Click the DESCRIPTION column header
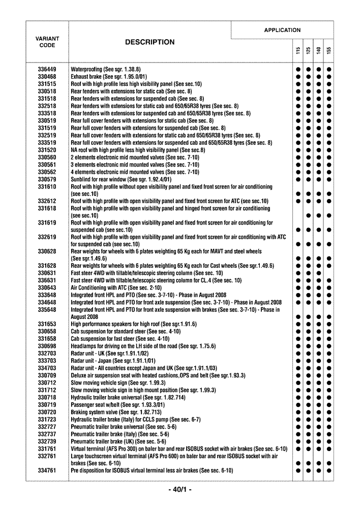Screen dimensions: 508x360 click(149, 42)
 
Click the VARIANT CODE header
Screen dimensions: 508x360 click(47, 42)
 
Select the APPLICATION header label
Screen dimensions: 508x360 click(282, 30)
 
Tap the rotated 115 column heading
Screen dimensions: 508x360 click(297, 51)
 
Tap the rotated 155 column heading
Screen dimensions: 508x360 click(329, 51)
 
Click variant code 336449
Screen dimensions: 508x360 click(47, 69)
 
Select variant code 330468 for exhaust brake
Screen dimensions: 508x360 click(47, 76)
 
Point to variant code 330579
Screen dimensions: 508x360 click(47, 179)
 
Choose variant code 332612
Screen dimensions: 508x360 click(47, 201)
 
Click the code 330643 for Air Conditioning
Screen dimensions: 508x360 click(47, 288)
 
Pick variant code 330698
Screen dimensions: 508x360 click(47, 346)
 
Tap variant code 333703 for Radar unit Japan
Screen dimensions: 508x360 click(47, 361)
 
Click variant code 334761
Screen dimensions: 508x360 click(47, 471)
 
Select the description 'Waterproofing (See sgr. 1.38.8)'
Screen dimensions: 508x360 click(106, 69)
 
